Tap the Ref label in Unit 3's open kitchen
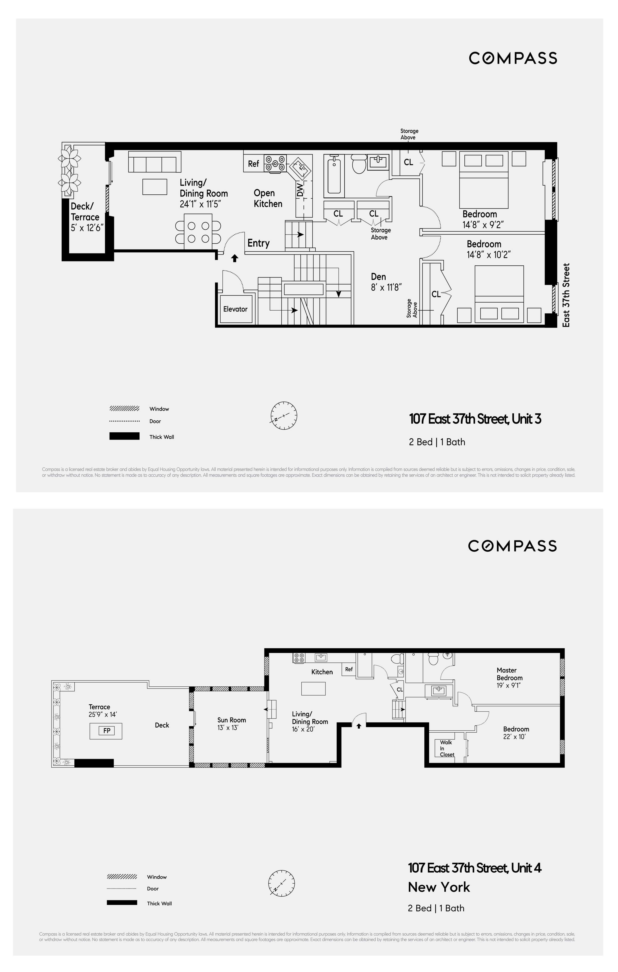point(254,163)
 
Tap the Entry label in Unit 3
point(258,243)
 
